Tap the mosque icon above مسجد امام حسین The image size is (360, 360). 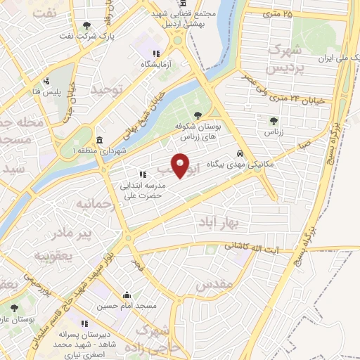point(127,295)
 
